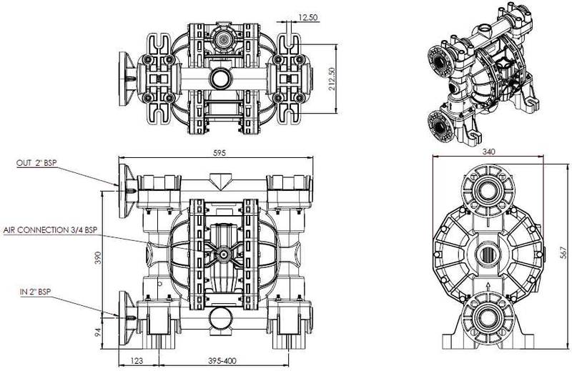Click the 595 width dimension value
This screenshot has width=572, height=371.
pos(220,153)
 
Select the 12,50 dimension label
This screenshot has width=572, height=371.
pos(308,17)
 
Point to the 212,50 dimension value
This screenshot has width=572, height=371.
pos(332,79)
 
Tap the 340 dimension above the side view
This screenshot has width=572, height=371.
pos(488,152)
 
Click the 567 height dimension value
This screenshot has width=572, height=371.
pos(563,253)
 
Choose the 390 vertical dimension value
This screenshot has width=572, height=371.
pos(98,257)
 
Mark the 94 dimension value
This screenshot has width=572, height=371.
pos(98,332)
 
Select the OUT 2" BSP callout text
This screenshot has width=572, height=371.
pos(37,163)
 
